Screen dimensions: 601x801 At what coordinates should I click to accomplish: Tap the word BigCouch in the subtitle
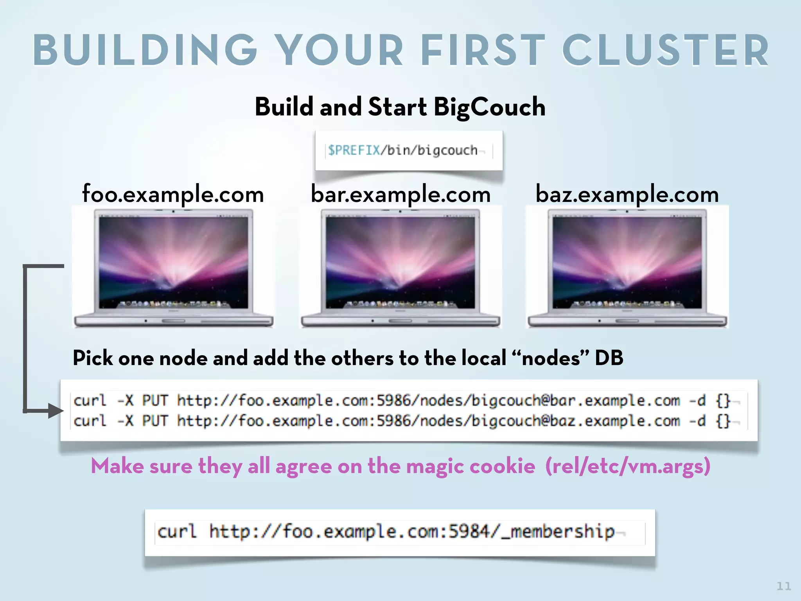(489, 107)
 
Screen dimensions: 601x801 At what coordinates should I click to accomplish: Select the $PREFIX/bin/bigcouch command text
(402, 150)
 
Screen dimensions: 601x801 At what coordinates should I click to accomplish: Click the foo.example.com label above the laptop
(173, 194)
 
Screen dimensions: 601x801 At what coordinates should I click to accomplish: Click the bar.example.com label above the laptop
(400, 194)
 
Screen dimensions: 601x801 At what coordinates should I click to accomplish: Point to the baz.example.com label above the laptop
(627, 194)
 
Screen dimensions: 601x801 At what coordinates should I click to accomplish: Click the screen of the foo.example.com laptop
(173, 262)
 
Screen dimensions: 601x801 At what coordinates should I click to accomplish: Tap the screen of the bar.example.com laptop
(400, 262)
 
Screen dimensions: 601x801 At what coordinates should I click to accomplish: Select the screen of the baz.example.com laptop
(627, 262)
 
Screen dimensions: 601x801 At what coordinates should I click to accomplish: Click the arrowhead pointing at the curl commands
(56, 410)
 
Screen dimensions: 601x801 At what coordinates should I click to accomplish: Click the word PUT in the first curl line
(155, 400)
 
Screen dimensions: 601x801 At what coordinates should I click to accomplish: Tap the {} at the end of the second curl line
(723, 421)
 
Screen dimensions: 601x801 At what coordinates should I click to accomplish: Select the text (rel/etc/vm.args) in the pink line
(628, 466)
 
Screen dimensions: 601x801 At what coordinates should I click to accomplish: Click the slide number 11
(783, 586)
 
